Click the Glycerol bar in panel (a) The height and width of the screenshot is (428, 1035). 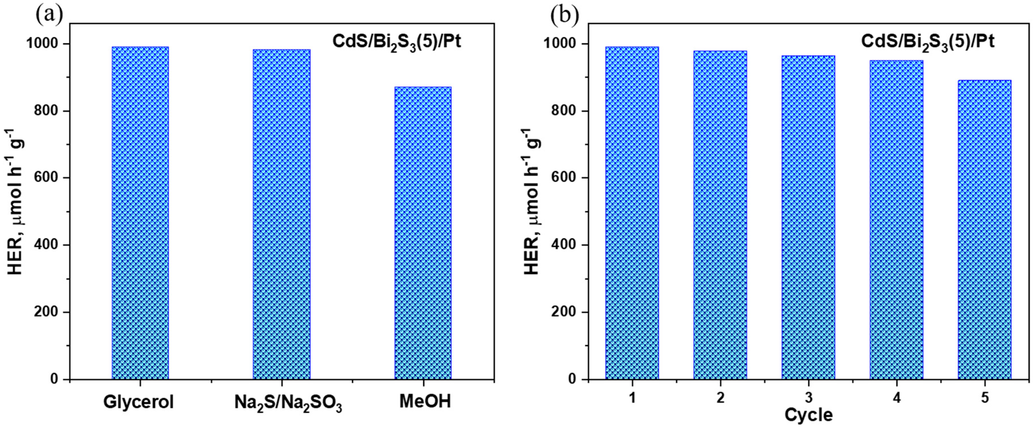pos(140,213)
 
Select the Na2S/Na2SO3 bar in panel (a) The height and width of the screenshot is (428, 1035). pos(281,214)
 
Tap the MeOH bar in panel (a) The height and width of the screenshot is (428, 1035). pos(423,233)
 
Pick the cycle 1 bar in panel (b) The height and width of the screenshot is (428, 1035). pos(632,213)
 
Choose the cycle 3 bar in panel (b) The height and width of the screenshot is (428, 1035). pos(808,217)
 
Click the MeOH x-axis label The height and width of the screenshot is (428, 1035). pos(425,402)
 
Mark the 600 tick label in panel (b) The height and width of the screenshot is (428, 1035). pos(564,178)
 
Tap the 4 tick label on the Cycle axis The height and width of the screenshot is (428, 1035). pos(896,398)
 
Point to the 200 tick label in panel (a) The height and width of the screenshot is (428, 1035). pos(46,312)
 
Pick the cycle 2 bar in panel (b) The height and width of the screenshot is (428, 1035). pos(720,215)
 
